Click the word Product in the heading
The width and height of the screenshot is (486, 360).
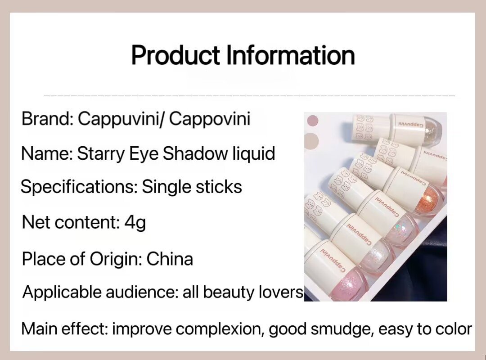pos(175,55)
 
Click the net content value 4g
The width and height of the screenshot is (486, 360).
pos(135,223)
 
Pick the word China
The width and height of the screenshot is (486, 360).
pos(170,259)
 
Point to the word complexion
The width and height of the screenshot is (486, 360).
pos(220,329)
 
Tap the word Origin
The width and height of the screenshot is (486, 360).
pos(116,260)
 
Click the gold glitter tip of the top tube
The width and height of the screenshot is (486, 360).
pos(433,132)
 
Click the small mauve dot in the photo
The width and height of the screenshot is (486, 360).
pos(312,121)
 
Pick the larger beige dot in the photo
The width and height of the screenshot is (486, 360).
pos(311,141)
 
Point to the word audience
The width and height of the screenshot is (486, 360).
pos(142,292)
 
